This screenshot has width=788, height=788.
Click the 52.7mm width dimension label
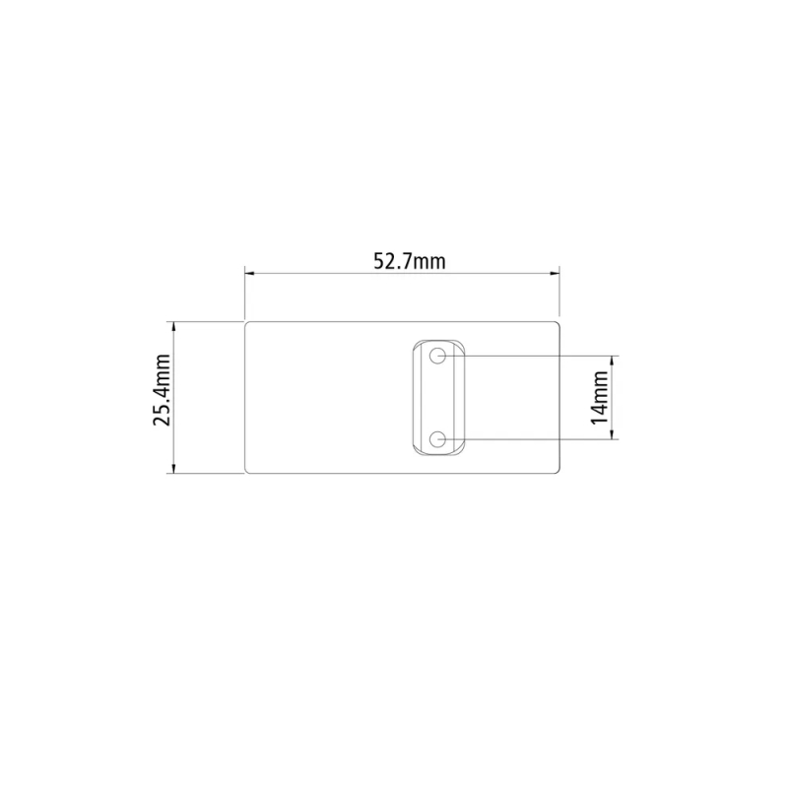click(x=410, y=261)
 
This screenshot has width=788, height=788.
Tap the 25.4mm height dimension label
click(x=163, y=390)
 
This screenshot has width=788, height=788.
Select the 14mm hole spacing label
click(x=600, y=398)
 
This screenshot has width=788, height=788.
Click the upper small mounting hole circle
click(x=437, y=356)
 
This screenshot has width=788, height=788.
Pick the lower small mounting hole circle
click(x=437, y=439)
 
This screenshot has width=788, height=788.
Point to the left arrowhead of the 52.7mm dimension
click(x=250, y=274)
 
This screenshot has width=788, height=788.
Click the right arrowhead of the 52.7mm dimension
click(x=555, y=274)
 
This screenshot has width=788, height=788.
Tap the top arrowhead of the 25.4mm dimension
click(x=174, y=327)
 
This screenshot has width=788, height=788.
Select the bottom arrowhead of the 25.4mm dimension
click(x=174, y=469)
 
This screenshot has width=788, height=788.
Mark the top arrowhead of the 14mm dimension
click(x=612, y=361)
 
